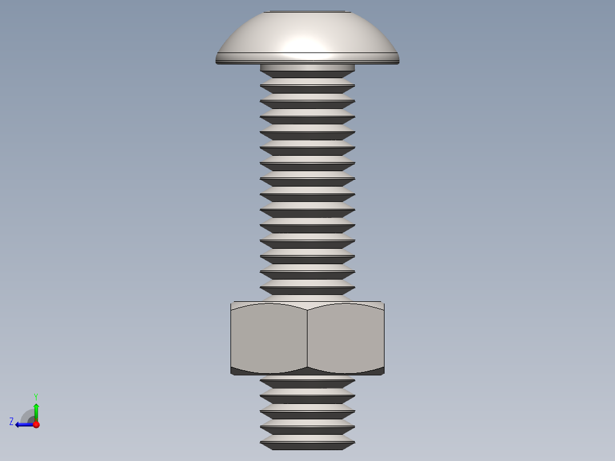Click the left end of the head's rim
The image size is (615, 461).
point(217,58)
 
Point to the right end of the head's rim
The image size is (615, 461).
point(398,58)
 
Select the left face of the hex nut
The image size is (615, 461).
point(269,338)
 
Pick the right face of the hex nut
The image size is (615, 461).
point(346,338)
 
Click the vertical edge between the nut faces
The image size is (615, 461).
point(307,338)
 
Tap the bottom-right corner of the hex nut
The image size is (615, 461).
point(383,374)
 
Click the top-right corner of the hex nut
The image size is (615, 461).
point(383,303)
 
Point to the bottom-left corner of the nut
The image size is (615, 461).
point(232,374)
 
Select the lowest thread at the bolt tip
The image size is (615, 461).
point(307,442)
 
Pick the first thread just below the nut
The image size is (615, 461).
point(307,381)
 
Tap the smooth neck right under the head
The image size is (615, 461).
point(307,67)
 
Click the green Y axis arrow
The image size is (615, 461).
point(36,410)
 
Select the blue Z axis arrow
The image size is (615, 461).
point(23,424)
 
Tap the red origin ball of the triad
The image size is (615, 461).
point(36,424)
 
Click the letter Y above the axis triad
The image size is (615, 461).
point(35,396)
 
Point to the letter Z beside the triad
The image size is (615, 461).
point(11,422)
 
